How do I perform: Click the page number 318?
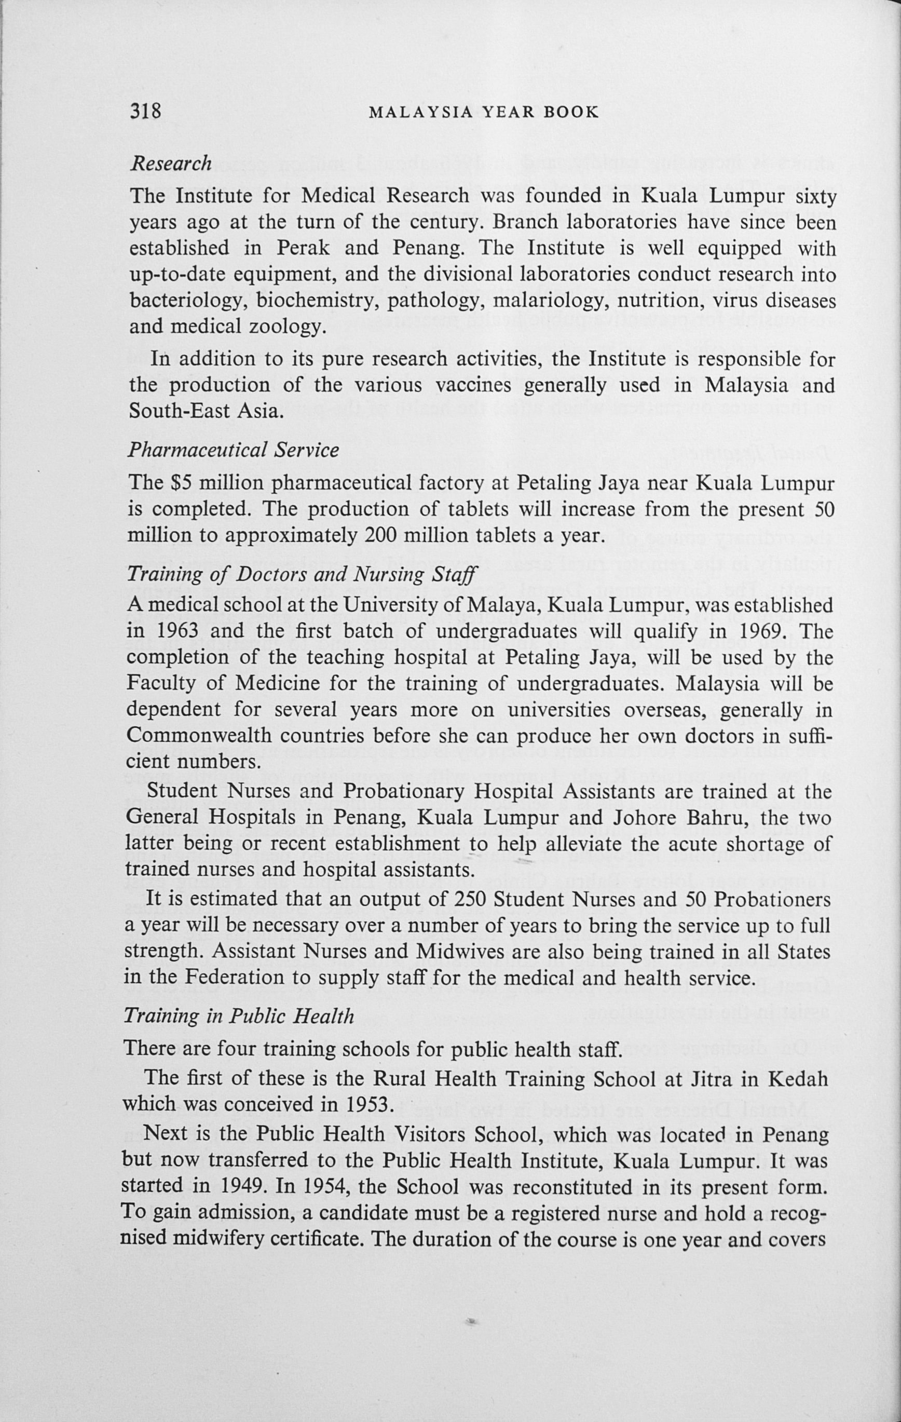145,111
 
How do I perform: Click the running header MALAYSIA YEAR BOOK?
484,112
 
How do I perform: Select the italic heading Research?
171,163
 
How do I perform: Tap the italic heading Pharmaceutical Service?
234,450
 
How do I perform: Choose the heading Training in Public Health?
239,1015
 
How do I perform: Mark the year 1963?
178,631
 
